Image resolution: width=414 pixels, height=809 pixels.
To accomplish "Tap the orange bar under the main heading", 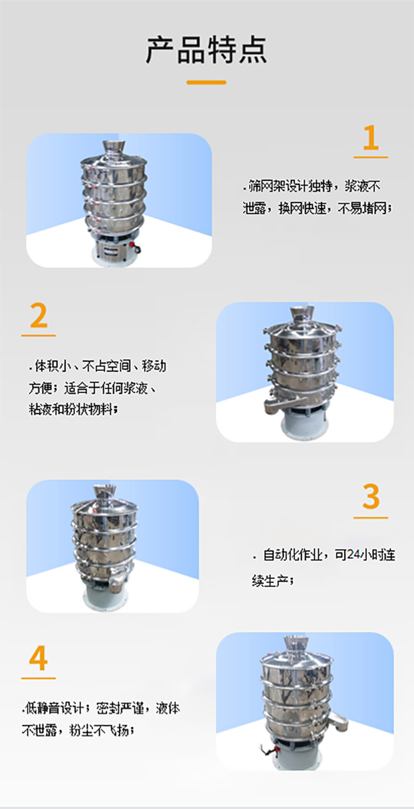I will [206, 82].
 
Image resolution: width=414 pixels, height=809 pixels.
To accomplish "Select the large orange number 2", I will [39, 316].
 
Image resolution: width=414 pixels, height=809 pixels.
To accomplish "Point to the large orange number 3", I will [371, 498].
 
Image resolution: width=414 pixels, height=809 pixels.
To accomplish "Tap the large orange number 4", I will [39, 659].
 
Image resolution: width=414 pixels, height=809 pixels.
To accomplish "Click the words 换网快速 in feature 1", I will [302, 208].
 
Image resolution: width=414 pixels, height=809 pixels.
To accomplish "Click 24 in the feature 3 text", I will [355, 555].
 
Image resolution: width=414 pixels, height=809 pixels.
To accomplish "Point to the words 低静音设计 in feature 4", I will [55, 708].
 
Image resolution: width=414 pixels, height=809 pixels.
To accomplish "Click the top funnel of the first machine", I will [114, 149].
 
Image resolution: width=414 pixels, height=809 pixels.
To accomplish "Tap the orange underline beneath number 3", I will [370, 518].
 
